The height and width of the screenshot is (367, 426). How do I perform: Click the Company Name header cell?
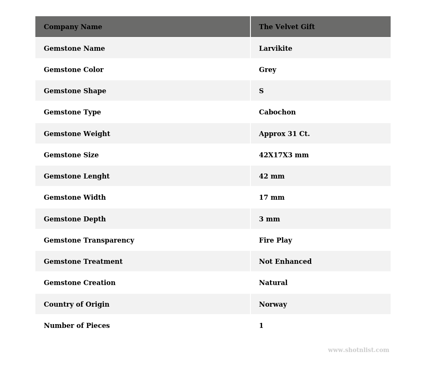73,27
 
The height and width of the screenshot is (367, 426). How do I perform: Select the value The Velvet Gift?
287,27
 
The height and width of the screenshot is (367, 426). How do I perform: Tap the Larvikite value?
275,49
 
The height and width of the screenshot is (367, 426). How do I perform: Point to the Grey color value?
267,70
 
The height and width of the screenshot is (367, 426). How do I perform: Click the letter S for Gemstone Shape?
261,91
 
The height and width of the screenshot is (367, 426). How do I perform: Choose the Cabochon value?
277,112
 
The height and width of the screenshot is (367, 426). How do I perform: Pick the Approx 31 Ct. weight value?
284,134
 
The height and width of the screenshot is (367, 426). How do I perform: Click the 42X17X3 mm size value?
284,155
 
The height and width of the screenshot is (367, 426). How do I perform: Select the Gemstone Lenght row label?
77,176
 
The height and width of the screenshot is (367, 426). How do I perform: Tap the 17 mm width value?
272,198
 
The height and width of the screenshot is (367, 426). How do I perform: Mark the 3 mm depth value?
269,219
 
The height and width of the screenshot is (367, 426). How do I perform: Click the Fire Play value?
275,241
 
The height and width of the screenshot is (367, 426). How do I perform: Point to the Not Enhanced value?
285,262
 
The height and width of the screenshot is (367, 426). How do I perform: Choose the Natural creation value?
273,283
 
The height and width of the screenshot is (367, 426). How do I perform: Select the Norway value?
273,305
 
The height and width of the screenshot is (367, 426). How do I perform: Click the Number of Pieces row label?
77,326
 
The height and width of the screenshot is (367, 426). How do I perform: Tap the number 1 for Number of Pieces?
261,326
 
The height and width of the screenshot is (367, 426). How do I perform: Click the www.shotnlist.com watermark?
358,350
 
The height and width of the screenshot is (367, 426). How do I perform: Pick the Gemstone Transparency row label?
89,241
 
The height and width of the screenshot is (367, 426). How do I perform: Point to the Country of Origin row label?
77,305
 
